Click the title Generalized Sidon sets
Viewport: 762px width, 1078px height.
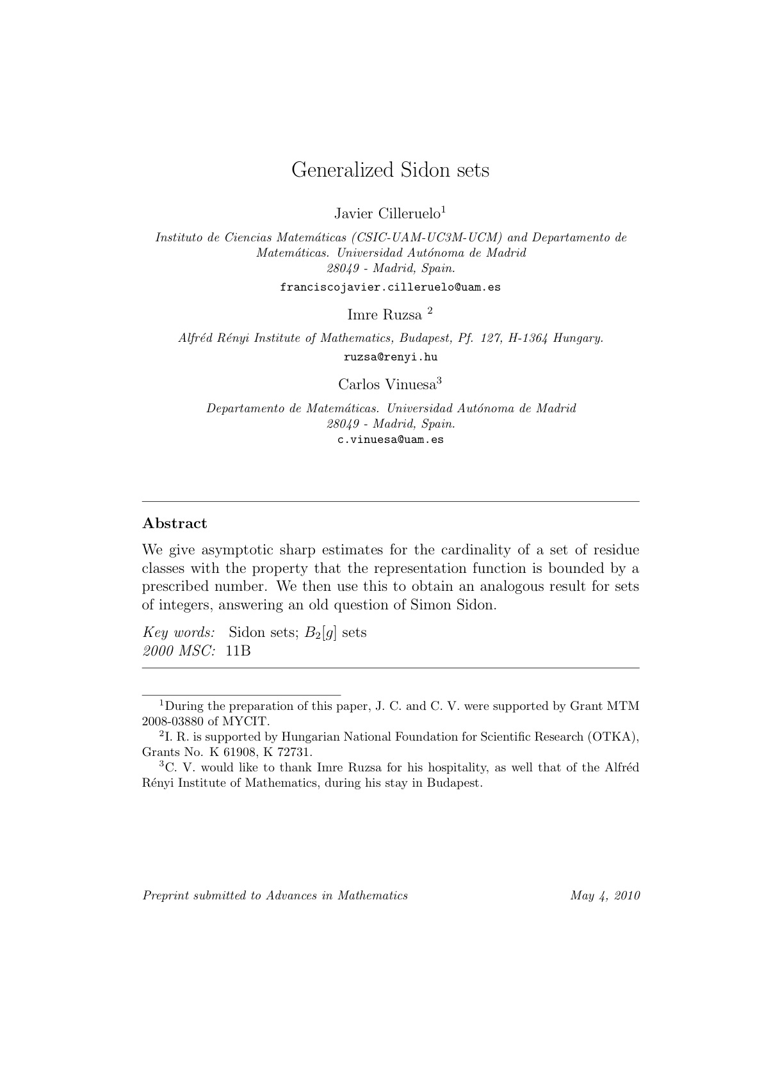[390, 170]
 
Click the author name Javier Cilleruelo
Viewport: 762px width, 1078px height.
[387, 213]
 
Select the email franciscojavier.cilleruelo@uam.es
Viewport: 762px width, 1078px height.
[390, 287]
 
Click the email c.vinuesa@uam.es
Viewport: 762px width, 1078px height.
[391, 440]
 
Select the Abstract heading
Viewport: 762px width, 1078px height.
[175, 524]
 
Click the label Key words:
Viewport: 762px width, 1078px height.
[179, 632]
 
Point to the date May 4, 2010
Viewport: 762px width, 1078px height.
[605, 896]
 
